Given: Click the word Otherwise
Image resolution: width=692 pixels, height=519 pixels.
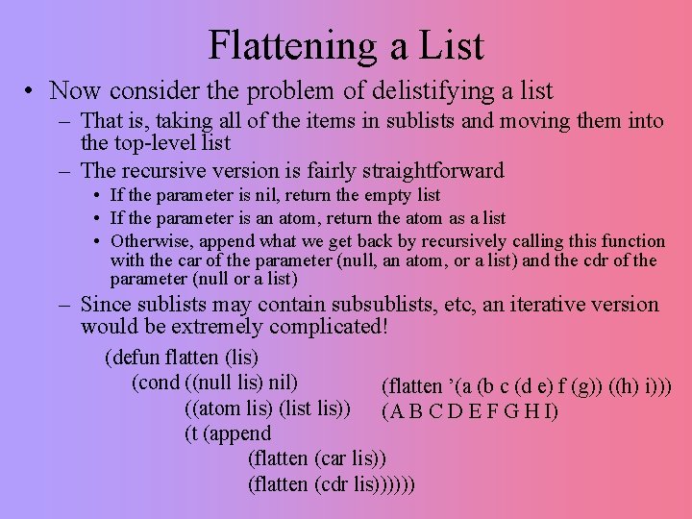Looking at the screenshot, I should point(148,240).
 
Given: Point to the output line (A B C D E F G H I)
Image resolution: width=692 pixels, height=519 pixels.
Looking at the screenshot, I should point(470,412).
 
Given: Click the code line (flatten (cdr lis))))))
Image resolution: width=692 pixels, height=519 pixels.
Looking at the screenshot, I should point(332,484).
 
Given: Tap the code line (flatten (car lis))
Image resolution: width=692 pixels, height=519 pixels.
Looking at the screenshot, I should point(317,458).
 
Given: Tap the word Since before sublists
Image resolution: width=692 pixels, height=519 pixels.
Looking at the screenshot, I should point(107,305).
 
